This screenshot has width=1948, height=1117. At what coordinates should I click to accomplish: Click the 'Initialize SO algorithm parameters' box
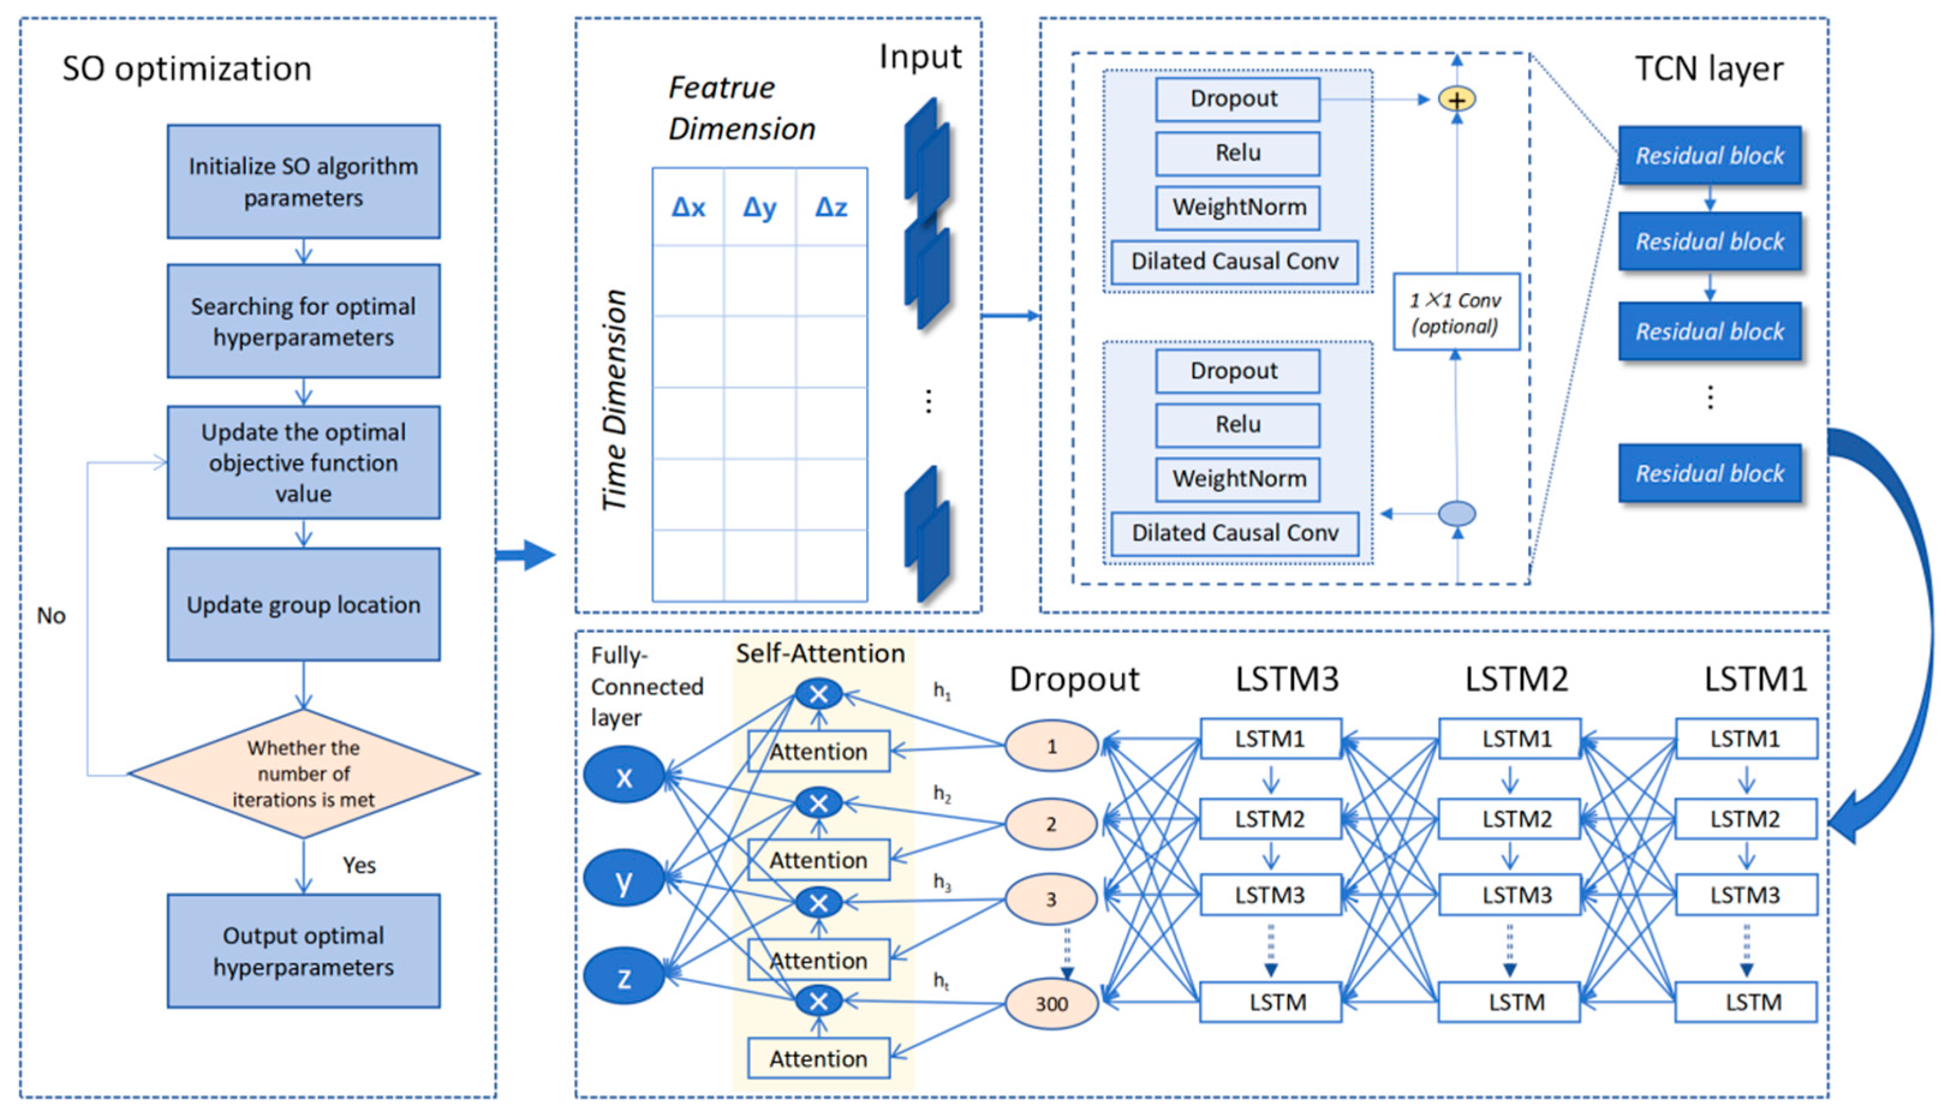click(x=303, y=182)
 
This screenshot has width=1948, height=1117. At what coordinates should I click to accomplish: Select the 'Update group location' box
click(x=303, y=605)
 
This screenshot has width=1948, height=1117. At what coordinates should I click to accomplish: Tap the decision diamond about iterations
click(x=303, y=773)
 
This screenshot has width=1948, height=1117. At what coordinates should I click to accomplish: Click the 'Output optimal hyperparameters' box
click(x=303, y=951)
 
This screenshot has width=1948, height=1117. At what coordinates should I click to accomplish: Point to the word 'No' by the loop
click(x=52, y=616)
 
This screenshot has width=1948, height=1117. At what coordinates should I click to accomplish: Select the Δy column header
click(x=760, y=207)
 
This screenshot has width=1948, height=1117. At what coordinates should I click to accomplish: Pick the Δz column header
click(x=831, y=207)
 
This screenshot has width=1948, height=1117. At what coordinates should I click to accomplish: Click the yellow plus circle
click(x=1456, y=100)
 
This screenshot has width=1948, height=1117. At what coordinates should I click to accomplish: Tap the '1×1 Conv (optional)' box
click(x=1455, y=312)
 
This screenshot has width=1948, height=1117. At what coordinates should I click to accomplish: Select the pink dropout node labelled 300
click(x=1051, y=1003)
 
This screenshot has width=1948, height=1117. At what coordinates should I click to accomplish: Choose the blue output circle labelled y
click(x=624, y=879)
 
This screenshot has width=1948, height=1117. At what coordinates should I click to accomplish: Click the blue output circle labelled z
click(x=624, y=976)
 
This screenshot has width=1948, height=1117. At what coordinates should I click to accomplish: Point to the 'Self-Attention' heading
click(x=820, y=653)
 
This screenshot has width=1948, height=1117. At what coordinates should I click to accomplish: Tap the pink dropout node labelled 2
click(x=1051, y=824)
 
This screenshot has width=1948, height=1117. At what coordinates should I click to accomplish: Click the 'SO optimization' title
click(x=187, y=69)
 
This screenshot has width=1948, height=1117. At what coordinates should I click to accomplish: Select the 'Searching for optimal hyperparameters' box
click(x=303, y=321)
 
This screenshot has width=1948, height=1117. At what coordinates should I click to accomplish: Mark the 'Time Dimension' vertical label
click(x=614, y=400)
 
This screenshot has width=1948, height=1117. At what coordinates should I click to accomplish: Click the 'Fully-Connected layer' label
click(x=646, y=686)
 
